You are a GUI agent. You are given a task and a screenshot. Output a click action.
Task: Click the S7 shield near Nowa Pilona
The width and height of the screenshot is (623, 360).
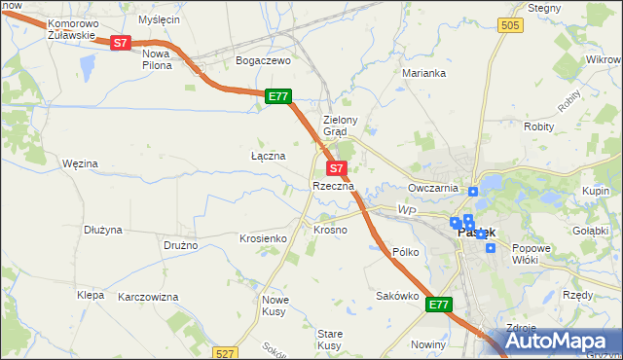click(120, 43)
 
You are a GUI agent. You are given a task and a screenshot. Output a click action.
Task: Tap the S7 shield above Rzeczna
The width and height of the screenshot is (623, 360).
click(334, 168)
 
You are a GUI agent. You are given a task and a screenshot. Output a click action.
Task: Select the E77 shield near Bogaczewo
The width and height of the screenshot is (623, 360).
click(278, 95)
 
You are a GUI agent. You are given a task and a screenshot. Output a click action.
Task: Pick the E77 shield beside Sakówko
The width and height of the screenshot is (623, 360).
click(440, 305)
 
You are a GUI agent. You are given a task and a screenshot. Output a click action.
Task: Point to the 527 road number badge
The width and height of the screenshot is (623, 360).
click(226, 353)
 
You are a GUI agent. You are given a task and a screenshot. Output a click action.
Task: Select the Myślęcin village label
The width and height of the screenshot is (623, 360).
click(160, 18)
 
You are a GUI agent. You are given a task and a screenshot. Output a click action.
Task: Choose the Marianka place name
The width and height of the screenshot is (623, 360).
click(423, 73)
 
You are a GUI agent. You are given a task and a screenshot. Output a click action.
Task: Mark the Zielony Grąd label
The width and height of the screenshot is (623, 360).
click(342, 126)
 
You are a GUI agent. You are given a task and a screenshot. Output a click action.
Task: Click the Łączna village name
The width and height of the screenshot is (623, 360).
click(268, 156)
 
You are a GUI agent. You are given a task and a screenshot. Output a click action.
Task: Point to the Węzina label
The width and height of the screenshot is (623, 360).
click(80, 163)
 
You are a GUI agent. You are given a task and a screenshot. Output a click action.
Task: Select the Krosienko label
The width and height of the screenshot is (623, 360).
click(262, 238)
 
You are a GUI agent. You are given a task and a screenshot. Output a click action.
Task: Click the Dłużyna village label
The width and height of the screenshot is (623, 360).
click(102, 230)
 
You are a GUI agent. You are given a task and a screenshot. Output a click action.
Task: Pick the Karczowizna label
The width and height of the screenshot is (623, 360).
click(148, 296)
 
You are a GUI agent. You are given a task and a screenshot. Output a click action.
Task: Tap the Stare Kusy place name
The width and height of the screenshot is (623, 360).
click(329, 340)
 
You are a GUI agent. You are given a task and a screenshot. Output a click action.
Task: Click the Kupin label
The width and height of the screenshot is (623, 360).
click(596, 191)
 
